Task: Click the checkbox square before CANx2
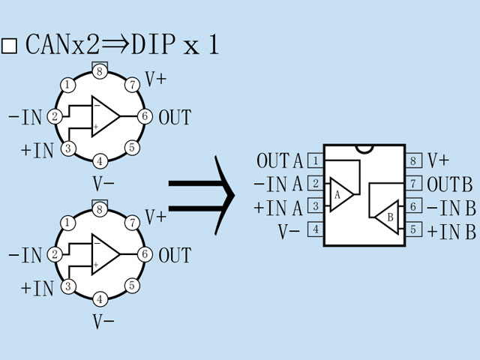click(x=10, y=46)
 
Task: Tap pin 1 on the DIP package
click(x=316, y=160)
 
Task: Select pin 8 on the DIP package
click(x=413, y=160)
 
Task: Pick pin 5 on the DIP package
click(x=413, y=229)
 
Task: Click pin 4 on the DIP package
click(x=316, y=229)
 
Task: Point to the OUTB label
click(x=449, y=184)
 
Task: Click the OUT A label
click(x=280, y=160)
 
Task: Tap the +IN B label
click(x=451, y=231)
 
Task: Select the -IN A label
click(x=278, y=184)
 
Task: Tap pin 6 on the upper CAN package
click(x=145, y=116)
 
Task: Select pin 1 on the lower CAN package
click(x=69, y=223)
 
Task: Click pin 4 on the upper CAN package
click(x=100, y=160)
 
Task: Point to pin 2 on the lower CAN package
click(x=55, y=254)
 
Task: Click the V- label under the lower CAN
click(x=103, y=322)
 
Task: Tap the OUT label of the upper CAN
click(x=175, y=117)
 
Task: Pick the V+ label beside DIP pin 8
click(x=438, y=160)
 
